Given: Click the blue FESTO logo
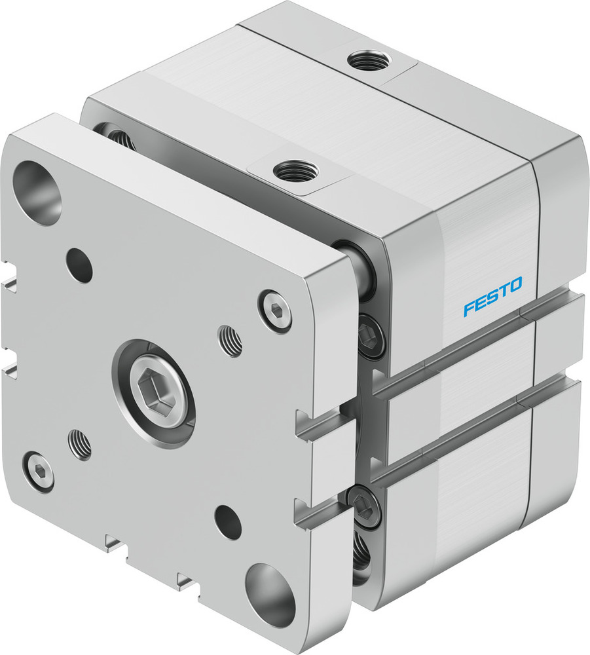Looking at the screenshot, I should point(492,296).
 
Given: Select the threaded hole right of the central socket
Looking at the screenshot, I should point(230,341).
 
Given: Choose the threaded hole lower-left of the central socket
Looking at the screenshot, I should point(79,443).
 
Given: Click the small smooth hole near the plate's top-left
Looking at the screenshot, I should point(79,265).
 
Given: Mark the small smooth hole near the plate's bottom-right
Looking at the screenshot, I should point(228,523).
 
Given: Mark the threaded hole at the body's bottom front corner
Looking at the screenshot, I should point(360,557).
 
